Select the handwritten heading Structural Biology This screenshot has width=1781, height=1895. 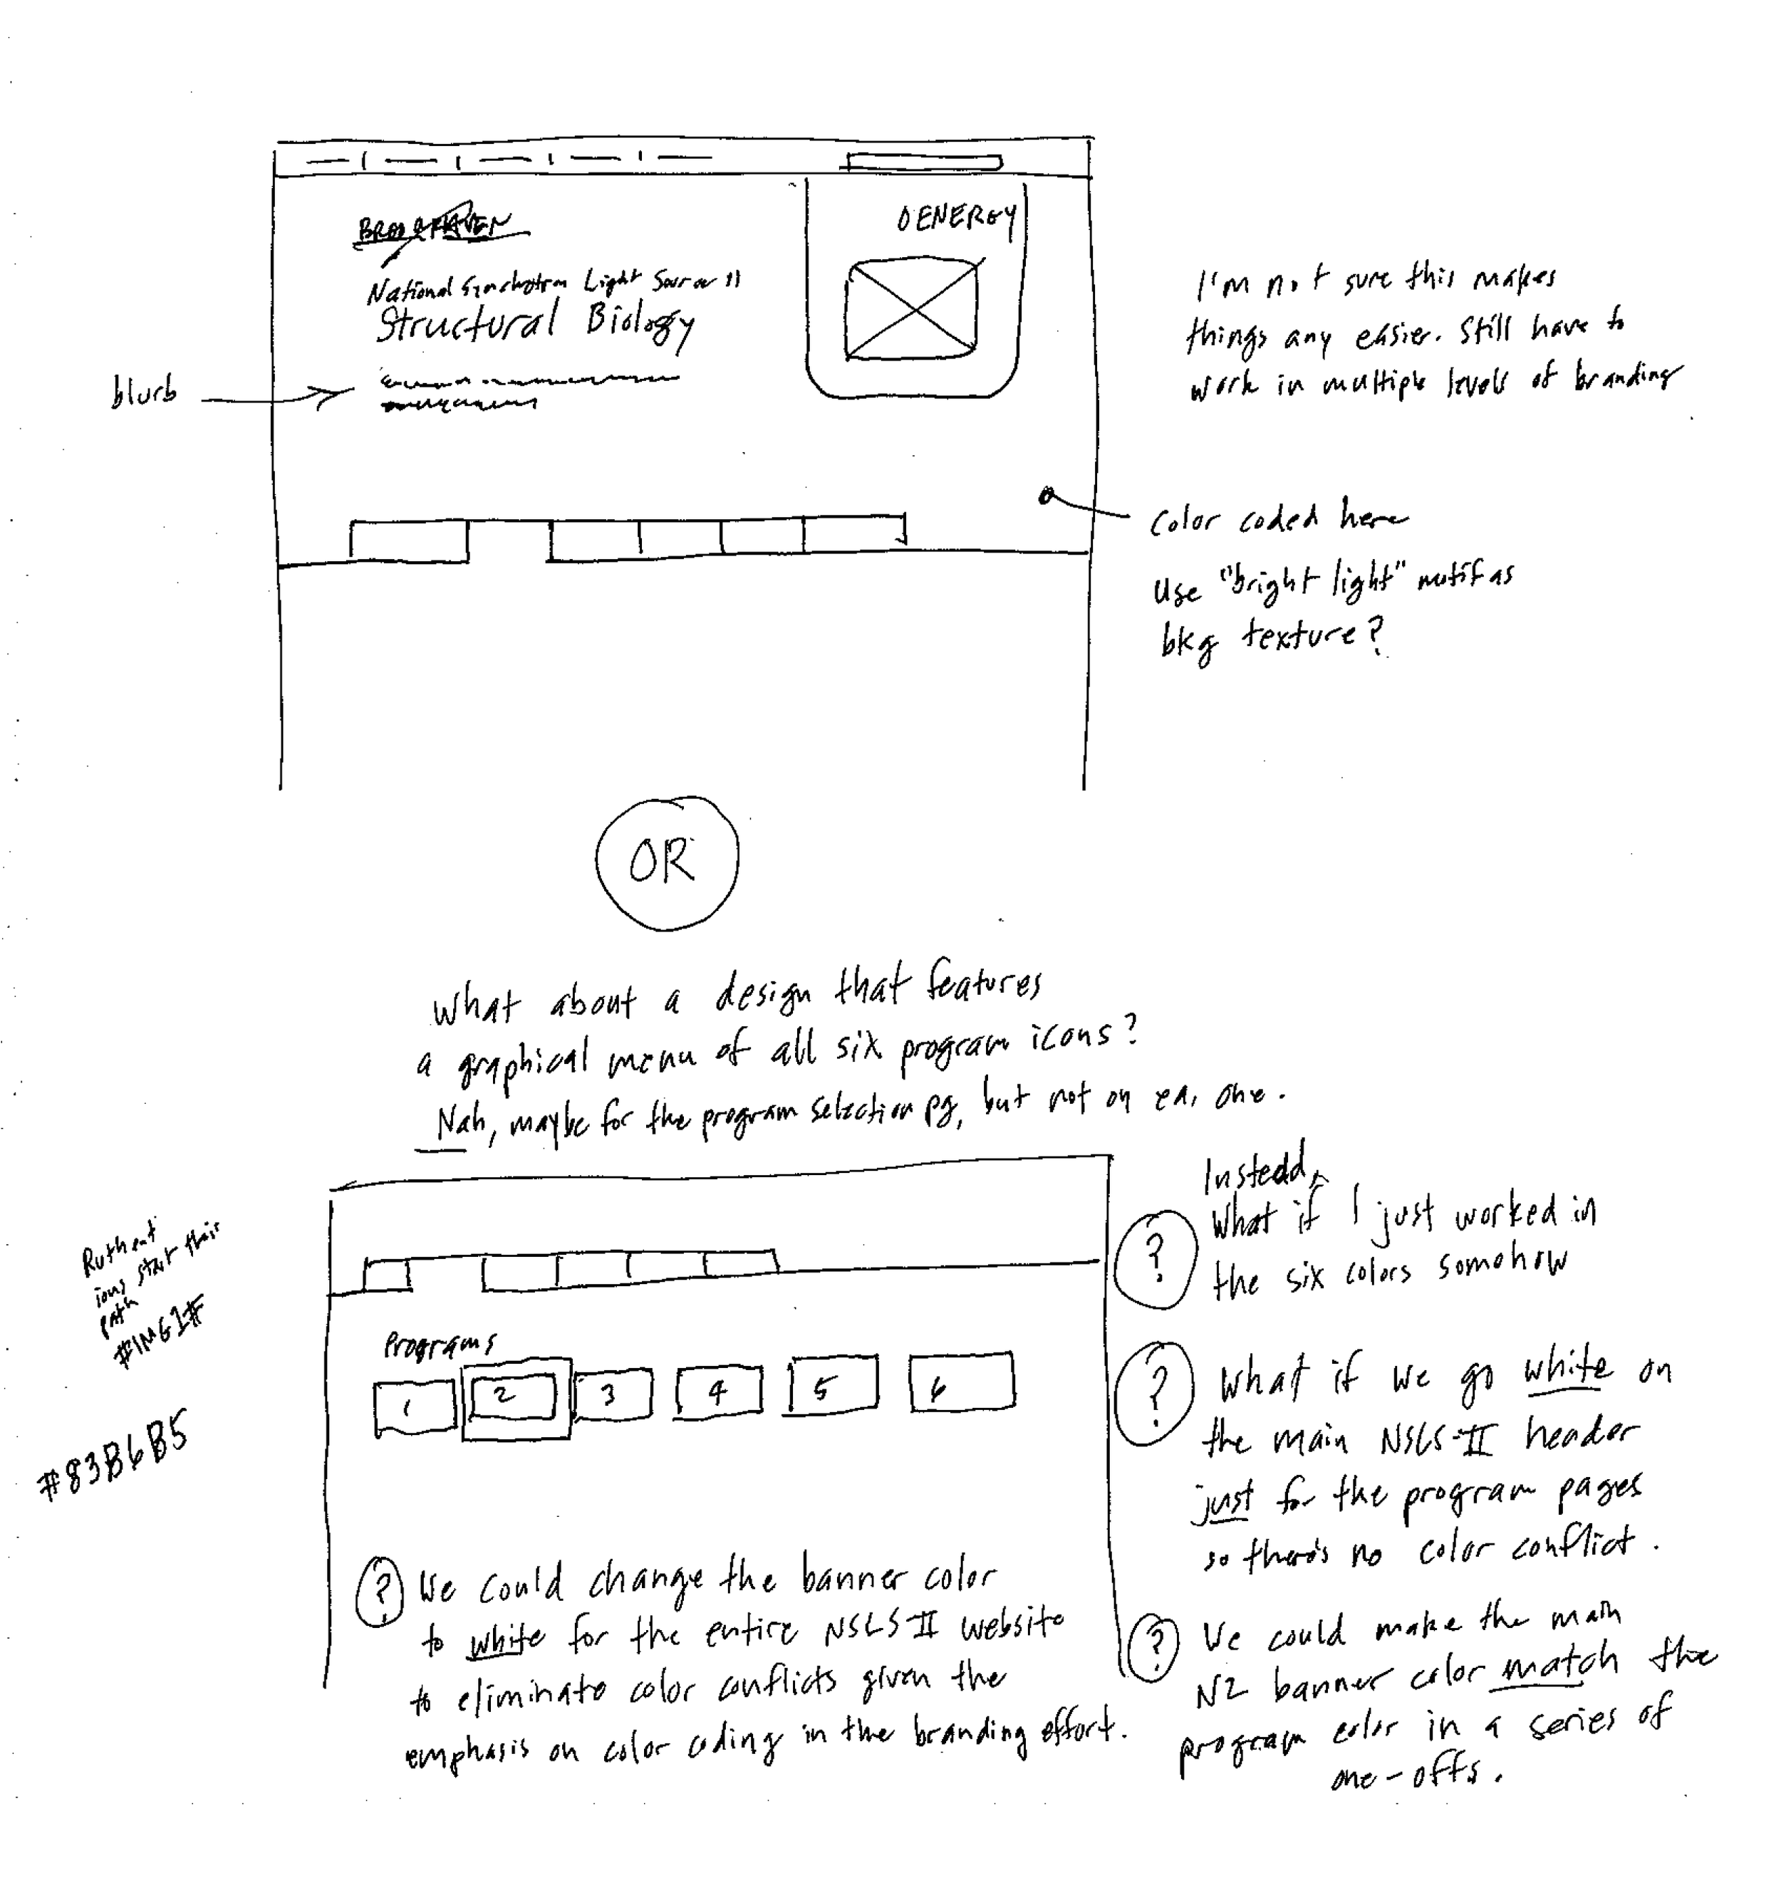(534, 322)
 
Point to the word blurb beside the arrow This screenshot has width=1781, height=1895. (143, 392)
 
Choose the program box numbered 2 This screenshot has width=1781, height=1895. (515, 1397)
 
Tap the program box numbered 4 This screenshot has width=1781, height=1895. (718, 1392)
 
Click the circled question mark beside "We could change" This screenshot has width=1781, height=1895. (380, 1591)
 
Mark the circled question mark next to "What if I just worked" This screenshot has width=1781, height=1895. (1155, 1258)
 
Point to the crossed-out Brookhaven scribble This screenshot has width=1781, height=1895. (439, 227)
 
